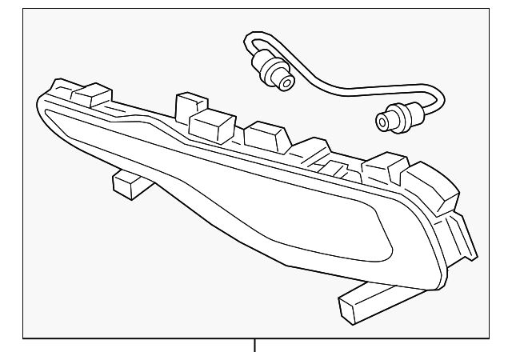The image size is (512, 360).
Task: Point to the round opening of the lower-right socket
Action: click(382, 122)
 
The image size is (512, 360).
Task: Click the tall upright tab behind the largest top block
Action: click(189, 104)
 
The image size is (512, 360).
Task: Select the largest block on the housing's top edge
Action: click(211, 124)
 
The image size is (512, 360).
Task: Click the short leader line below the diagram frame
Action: click(255, 346)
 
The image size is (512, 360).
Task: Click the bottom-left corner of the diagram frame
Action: click(23, 337)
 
